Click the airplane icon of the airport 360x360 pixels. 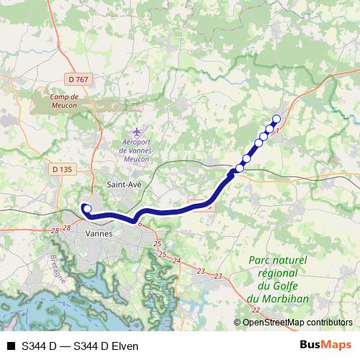(x=138, y=131)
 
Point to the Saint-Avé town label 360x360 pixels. (x=124, y=185)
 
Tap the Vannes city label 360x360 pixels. (x=97, y=234)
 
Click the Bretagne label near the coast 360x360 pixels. (x=58, y=267)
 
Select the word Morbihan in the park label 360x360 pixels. (x=276, y=299)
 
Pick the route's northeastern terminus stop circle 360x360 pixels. (x=276, y=120)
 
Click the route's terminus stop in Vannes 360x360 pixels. (x=87, y=209)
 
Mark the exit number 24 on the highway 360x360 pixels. (x=178, y=261)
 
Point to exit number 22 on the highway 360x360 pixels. (x=256, y=310)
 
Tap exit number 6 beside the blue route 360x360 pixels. (x=140, y=224)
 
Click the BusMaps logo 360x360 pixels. (x=325, y=345)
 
